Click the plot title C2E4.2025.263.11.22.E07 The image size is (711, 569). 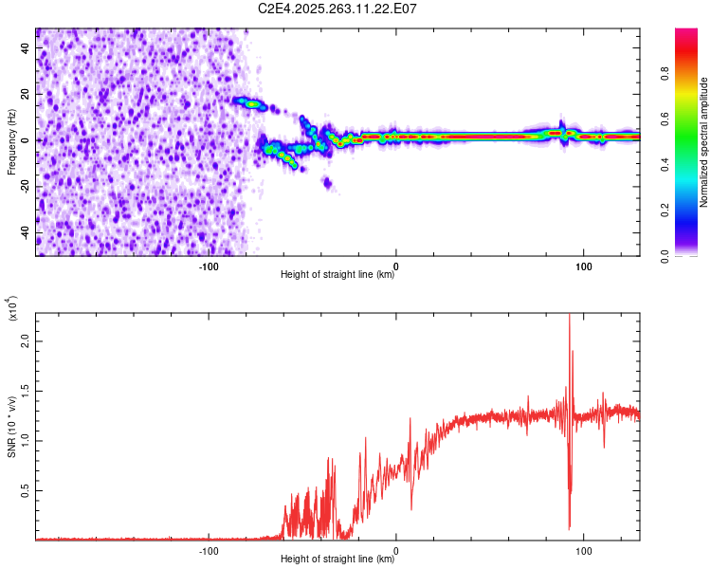point(338,9)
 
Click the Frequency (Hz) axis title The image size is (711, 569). point(12,141)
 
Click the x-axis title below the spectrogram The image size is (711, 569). point(337,276)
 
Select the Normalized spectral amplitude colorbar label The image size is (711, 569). point(704,142)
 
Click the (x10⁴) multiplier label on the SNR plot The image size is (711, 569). point(13,308)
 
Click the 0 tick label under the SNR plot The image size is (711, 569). point(396,550)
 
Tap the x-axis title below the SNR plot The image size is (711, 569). point(337,560)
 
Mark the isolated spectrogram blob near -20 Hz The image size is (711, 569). point(328,182)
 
